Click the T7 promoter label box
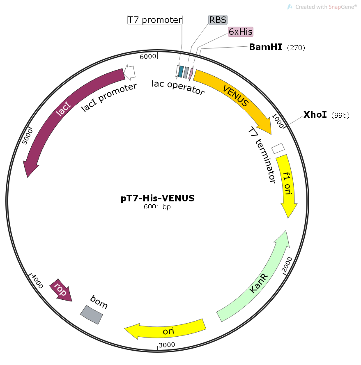click(x=155, y=20)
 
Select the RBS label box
click(x=218, y=20)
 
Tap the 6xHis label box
click(x=241, y=32)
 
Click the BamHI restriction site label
click(x=266, y=47)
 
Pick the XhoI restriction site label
click(x=315, y=115)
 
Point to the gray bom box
click(x=91, y=315)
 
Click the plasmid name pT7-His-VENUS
click(x=158, y=198)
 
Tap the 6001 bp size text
click(x=157, y=207)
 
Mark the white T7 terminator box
click(x=278, y=148)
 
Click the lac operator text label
click(x=178, y=87)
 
